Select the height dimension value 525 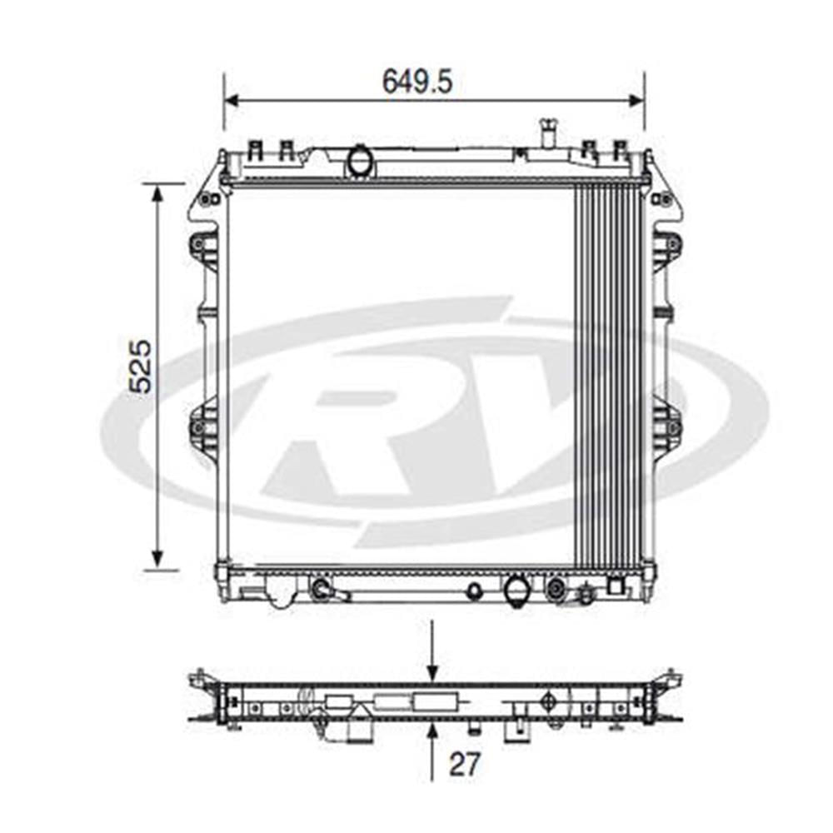point(140,366)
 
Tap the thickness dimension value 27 point(465,764)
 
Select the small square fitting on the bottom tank point(615,584)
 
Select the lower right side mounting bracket point(666,426)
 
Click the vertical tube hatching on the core point(608,375)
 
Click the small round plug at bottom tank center point(474,591)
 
